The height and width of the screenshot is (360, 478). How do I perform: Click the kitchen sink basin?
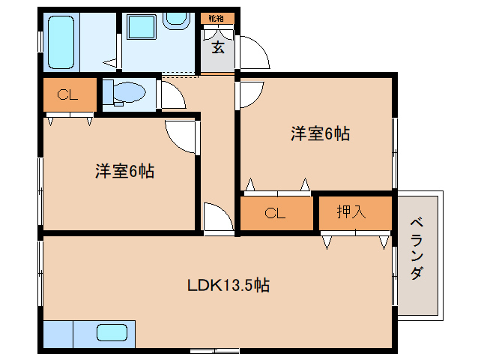coord(112,332)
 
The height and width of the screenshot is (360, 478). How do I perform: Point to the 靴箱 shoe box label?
coord(217,17)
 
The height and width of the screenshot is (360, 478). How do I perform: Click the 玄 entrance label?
coord(217,48)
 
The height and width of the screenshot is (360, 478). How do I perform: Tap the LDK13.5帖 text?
coord(228,285)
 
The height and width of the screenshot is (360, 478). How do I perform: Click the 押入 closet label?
coord(351,212)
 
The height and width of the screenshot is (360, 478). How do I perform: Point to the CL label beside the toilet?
coord(68,94)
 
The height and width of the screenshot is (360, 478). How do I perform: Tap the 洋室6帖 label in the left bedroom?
coord(124,172)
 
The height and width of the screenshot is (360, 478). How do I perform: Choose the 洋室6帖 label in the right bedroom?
coord(320,134)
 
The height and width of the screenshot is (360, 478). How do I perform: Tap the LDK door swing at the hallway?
coord(217,217)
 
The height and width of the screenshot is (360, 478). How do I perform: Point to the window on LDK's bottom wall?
coord(214,349)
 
